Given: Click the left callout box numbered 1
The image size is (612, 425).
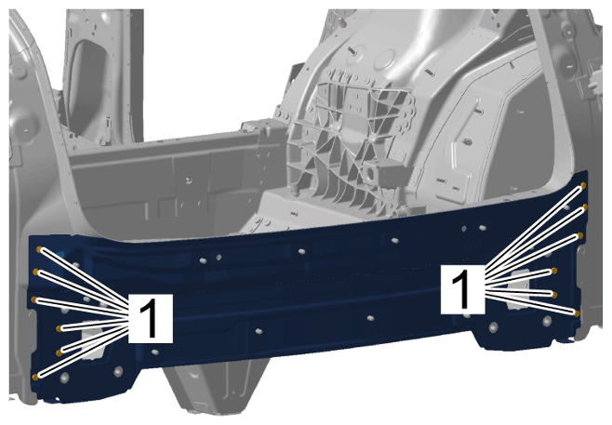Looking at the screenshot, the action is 151,318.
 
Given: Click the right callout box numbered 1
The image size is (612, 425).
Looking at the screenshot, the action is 463,289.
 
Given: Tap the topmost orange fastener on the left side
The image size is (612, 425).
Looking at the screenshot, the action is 39,249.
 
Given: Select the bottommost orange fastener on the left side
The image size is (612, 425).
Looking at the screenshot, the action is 35,377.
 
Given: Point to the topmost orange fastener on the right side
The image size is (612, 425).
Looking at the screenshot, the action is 583,185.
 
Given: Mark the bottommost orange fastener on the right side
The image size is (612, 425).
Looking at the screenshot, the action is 577,313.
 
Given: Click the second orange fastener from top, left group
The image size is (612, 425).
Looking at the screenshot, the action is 35,272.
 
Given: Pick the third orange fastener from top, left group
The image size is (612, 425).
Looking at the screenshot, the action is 34,299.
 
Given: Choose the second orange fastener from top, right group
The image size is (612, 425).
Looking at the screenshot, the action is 585,206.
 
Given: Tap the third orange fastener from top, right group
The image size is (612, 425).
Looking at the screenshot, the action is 580,235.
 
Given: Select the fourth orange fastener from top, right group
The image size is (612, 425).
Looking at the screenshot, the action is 554,271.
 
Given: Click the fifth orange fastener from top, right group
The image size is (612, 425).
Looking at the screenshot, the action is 554,294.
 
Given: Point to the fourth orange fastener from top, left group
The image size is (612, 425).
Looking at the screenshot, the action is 59,328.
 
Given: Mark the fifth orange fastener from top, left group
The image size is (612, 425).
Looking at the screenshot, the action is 59,352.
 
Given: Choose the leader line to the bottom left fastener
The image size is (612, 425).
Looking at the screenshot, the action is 84,351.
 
